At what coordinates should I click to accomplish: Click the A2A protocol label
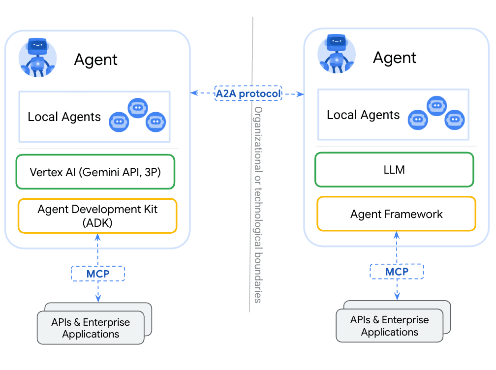tap(248, 93)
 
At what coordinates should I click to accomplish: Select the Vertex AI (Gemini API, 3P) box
tap(95, 172)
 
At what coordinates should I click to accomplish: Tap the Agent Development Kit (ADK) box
tap(97, 216)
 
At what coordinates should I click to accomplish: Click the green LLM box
tap(394, 170)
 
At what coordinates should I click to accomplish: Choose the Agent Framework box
tap(396, 214)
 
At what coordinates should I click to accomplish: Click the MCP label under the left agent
tap(98, 274)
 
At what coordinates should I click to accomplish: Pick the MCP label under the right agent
tap(397, 272)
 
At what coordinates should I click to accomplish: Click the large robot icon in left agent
tap(37, 57)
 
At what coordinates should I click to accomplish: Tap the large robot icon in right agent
tap(337, 54)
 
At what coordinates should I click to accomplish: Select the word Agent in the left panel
tap(95, 60)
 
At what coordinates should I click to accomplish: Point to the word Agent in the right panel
tap(394, 58)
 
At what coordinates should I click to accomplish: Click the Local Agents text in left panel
tap(64, 117)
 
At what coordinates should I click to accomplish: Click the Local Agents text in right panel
tap(363, 115)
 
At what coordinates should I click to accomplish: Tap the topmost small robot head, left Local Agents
tap(138, 107)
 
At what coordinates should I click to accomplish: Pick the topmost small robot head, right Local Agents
tap(436, 105)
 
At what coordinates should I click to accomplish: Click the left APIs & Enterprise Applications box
tap(91, 328)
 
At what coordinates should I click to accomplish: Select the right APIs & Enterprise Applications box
tap(389, 326)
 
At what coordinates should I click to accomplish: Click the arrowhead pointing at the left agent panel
tap(193, 92)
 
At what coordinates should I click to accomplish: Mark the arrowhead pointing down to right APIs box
tap(397, 297)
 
